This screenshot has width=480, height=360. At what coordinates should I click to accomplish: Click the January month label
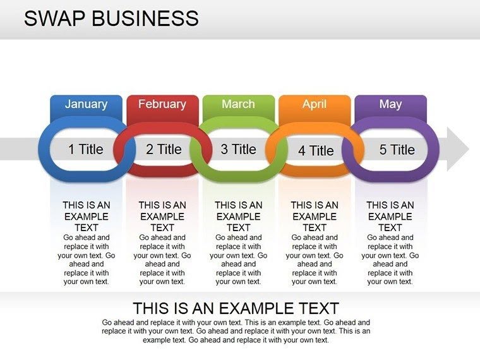86,104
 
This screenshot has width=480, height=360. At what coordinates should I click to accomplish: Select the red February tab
162,104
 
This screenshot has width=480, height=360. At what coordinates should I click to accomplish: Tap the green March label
238,104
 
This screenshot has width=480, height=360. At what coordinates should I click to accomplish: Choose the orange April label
314,104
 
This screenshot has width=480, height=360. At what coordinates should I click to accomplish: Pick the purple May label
390,104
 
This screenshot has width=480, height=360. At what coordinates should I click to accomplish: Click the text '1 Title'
85,150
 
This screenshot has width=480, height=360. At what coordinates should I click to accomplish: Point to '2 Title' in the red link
164,150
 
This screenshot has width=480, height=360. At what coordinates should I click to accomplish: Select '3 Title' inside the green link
238,150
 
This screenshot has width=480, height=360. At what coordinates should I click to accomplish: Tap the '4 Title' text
316,151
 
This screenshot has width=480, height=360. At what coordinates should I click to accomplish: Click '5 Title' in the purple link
397,150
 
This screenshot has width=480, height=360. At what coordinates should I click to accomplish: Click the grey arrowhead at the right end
458,149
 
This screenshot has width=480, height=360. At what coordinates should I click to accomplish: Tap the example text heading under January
87,216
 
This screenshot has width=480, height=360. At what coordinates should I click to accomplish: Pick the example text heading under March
238,216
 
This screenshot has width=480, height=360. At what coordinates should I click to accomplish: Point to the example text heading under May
390,216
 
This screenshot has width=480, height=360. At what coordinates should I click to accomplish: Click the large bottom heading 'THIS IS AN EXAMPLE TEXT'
236,309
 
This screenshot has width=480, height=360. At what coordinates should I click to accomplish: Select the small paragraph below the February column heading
162,260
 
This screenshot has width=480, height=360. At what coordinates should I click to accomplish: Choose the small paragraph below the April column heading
315,260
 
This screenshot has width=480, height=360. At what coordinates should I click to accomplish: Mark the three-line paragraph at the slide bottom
236,331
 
